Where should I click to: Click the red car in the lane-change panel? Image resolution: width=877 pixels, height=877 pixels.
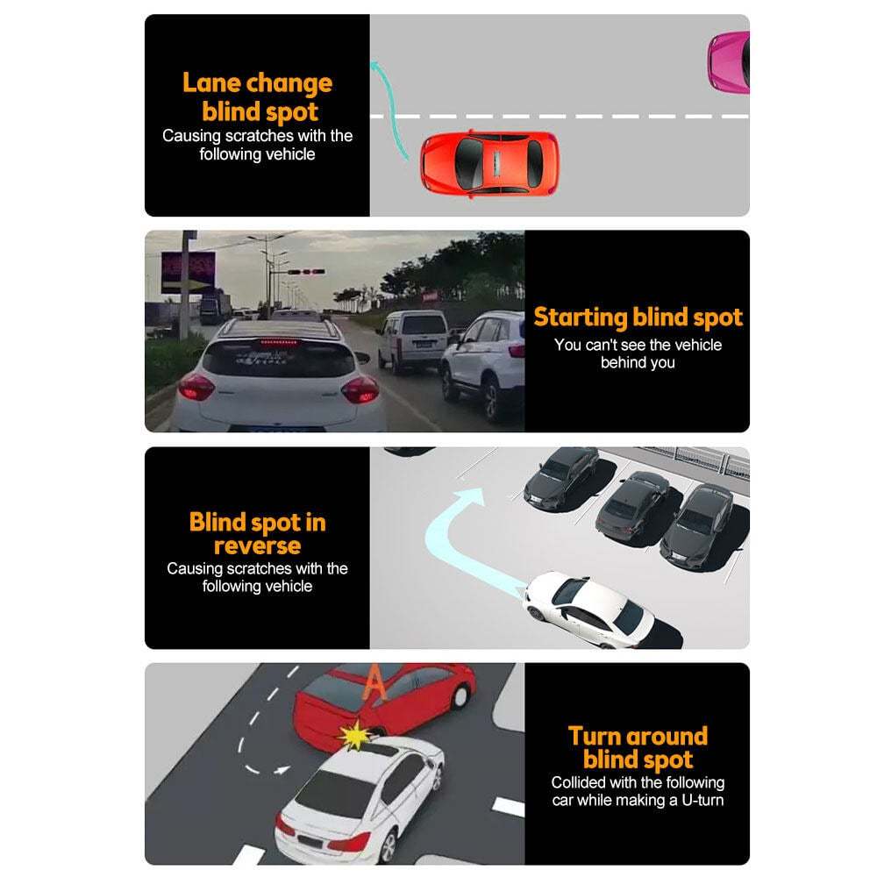[x=488, y=164]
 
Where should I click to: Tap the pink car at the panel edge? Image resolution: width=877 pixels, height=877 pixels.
[x=731, y=61]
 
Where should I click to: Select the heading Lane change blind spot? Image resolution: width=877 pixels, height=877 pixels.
[x=258, y=97]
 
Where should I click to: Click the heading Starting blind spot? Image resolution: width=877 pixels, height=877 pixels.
[x=638, y=317]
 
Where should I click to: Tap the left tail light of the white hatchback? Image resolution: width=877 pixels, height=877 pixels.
[x=196, y=387]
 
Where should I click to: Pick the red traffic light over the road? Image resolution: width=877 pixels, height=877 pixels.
[x=306, y=272]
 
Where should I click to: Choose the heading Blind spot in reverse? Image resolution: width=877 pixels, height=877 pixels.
[x=257, y=533]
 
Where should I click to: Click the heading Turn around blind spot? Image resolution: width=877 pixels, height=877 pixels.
[x=638, y=747]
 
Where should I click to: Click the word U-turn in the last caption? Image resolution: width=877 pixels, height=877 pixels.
[x=699, y=800]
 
